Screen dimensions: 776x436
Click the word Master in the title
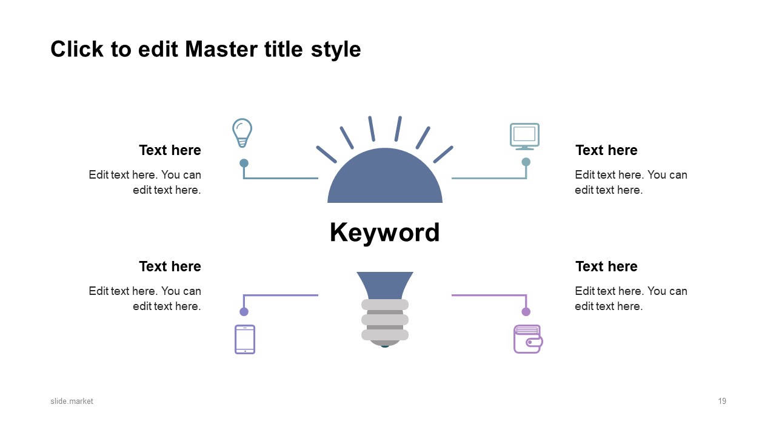tap(221, 49)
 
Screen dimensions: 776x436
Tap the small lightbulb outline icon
tap(242, 133)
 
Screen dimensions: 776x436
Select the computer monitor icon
tap(524, 136)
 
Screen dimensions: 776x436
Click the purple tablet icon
tap(245, 339)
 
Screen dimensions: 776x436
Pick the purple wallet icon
tap(528, 339)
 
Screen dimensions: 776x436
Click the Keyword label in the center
tap(384, 233)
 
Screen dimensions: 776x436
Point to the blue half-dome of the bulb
tap(385, 176)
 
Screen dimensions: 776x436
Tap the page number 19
tap(722, 401)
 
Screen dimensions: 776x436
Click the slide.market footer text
tap(72, 401)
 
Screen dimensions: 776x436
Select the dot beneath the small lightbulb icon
tap(244, 163)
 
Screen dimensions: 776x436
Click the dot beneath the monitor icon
tap(526, 162)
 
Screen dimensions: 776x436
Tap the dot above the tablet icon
tap(244, 312)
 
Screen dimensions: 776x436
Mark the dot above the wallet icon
tap(526, 312)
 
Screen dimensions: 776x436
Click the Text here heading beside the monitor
tap(606, 150)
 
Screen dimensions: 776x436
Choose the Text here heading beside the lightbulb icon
tap(170, 150)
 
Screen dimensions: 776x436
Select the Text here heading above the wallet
tap(606, 266)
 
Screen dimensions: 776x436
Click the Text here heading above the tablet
tap(170, 266)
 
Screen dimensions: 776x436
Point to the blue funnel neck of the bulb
tap(385, 285)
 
